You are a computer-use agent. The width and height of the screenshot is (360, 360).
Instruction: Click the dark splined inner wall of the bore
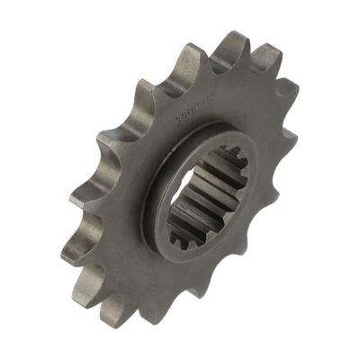[193, 198]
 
